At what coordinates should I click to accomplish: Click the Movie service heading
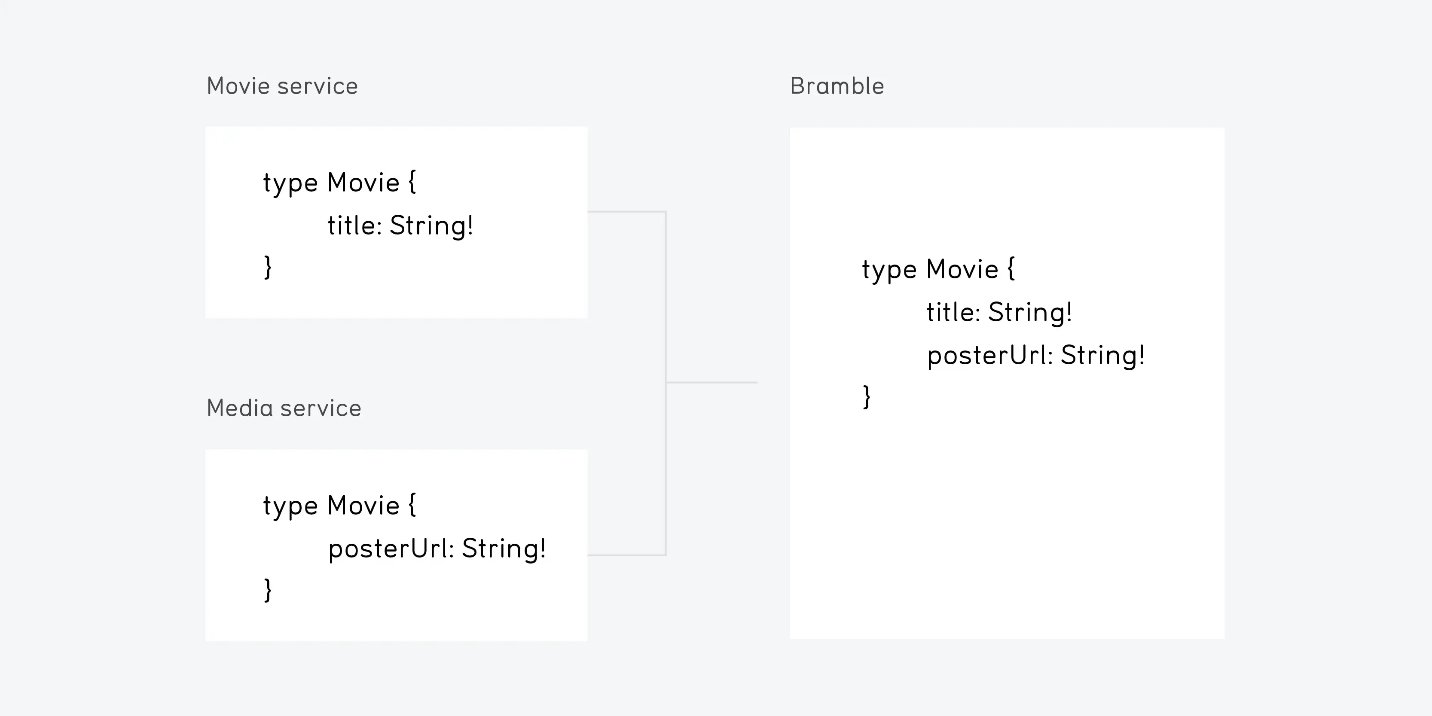coord(282,86)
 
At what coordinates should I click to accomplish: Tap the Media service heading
coord(284,408)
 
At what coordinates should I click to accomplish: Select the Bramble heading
coord(837,86)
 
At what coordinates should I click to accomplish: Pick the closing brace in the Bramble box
coord(867,397)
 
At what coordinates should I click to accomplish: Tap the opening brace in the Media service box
coord(412,504)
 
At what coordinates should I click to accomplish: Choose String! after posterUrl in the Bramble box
coord(1103,356)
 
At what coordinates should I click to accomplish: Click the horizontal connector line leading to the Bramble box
coord(711,382)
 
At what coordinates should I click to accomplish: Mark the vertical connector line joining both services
coord(666,383)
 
